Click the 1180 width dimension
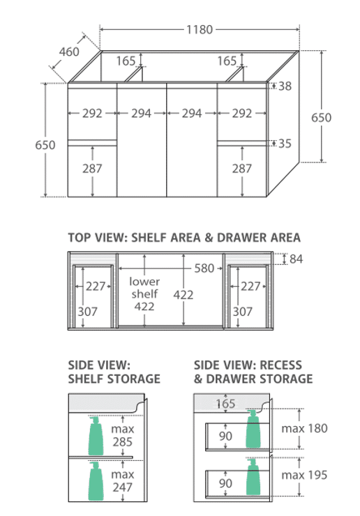point(200,29)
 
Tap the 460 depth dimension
point(69,52)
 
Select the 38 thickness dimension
point(285,86)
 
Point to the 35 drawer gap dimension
point(285,144)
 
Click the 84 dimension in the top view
point(296,259)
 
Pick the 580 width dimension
point(204,268)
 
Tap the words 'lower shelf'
point(144,287)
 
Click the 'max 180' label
point(304,428)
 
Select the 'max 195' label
point(304,475)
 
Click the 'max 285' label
point(123,435)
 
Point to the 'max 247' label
point(123,480)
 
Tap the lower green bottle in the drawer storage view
point(254,476)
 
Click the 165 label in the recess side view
point(225,404)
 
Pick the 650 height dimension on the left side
point(45,145)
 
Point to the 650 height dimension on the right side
point(321,117)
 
